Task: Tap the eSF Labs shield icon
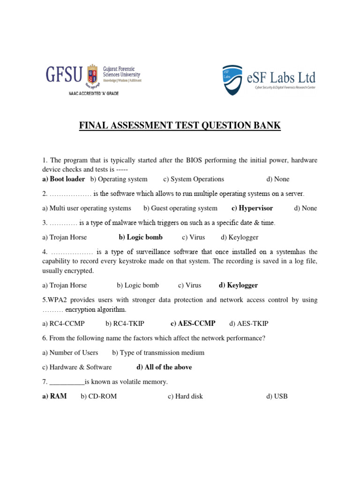tap(232, 80)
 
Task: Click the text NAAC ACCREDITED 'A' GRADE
tap(94, 94)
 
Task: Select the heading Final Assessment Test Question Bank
tap(180, 126)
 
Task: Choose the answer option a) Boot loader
tap(63, 179)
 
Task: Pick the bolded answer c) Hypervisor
tap(252, 208)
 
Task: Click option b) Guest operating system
tap(180, 208)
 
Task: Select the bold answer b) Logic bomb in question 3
tap(141, 237)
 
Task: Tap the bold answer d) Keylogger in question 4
tap(238, 285)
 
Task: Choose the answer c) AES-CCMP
tap(193, 323)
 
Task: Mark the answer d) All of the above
tap(164, 367)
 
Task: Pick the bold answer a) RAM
tap(54, 396)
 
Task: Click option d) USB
tap(277, 396)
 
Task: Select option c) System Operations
tap(194, 179)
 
